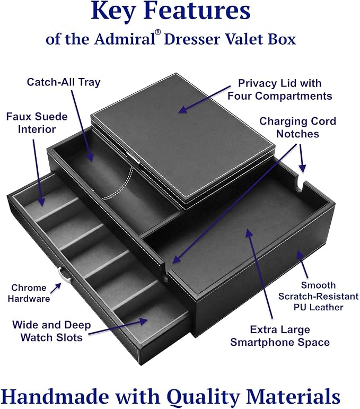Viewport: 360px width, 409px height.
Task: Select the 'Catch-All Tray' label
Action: (64, 82)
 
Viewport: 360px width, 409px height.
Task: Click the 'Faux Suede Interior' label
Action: (37, 122)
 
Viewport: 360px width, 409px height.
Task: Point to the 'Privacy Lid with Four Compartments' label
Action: (279, 90)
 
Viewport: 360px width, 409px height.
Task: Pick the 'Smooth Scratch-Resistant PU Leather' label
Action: (318, 296)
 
